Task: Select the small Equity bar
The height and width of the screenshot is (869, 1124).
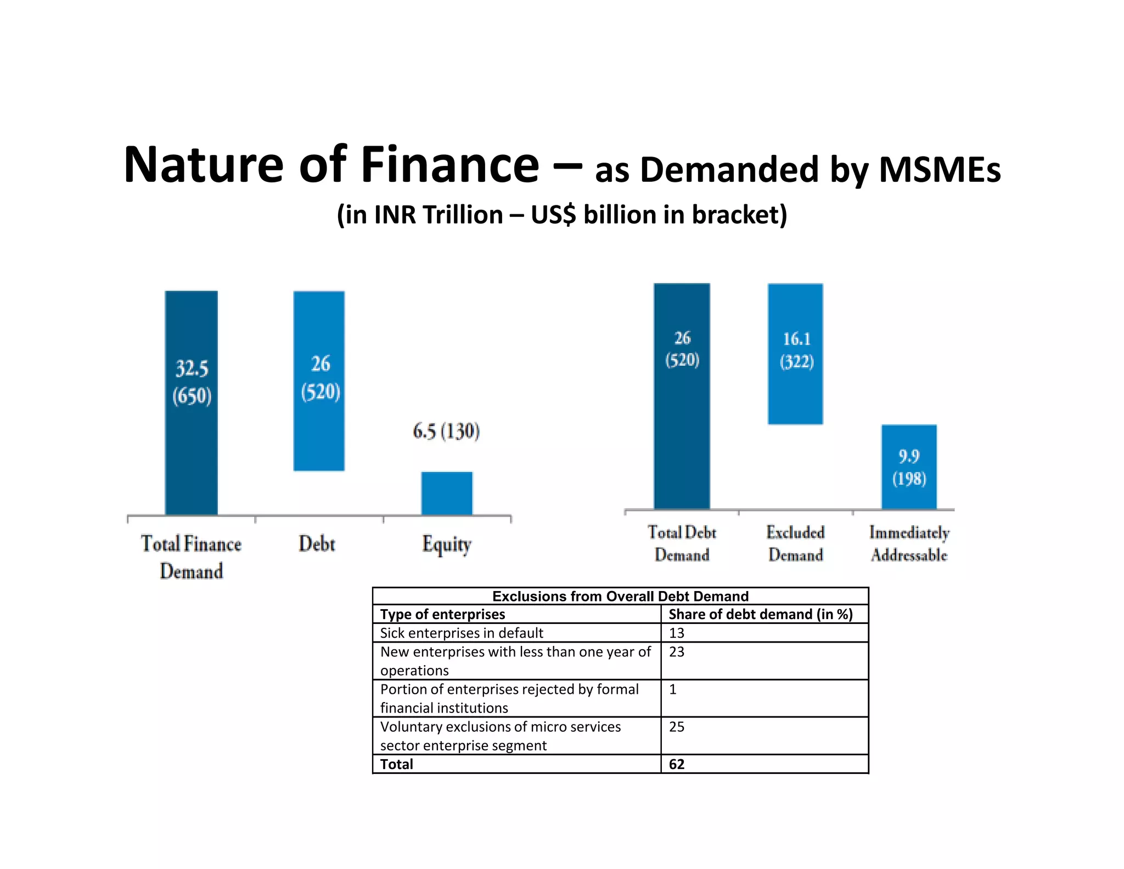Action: coord(447,493)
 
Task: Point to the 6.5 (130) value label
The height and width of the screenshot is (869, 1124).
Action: coord(446,431)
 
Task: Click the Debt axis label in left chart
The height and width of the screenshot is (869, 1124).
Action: coord(317,544)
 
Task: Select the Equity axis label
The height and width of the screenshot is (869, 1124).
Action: coord(447,544)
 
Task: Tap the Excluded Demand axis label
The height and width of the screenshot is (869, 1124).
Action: coord(795,543)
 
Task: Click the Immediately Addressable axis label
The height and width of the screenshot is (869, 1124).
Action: coord(909,543)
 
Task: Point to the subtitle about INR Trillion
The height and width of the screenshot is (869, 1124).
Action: coord(562,214)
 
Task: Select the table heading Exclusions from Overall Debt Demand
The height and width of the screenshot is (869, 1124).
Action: coord(620,596)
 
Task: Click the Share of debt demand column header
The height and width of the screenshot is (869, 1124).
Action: coord(760,614)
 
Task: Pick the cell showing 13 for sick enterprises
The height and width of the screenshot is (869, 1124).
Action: coord(677,633)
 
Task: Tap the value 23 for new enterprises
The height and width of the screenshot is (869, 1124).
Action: coord(677,651)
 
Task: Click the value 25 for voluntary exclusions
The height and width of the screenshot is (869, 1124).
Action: coord(677,727)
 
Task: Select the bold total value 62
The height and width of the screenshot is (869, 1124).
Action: coord(677,764)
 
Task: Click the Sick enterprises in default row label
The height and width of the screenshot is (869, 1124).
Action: coord(461,633)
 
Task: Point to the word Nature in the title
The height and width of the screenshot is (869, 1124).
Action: coord(203,165)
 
